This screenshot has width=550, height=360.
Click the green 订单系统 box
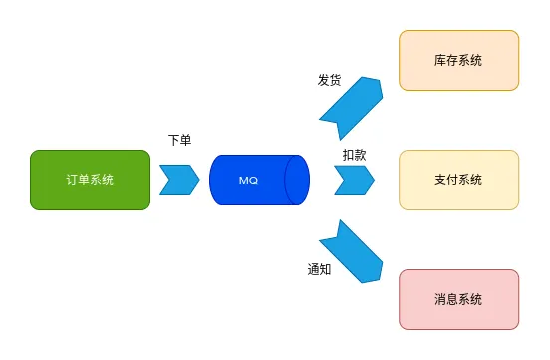90,180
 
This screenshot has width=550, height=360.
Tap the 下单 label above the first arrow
179,141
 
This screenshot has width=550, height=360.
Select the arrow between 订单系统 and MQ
179,180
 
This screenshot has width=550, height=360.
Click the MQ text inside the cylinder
249,180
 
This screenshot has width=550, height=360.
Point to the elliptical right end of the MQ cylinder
297,180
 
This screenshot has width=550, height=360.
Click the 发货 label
329,80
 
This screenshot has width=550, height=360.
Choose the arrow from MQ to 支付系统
354,180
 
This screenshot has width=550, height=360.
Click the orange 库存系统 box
458,60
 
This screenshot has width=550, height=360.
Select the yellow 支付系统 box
458,180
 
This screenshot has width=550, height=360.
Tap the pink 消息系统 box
458,299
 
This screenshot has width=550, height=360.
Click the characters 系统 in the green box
102,180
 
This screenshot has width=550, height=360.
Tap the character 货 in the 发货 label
335,80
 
